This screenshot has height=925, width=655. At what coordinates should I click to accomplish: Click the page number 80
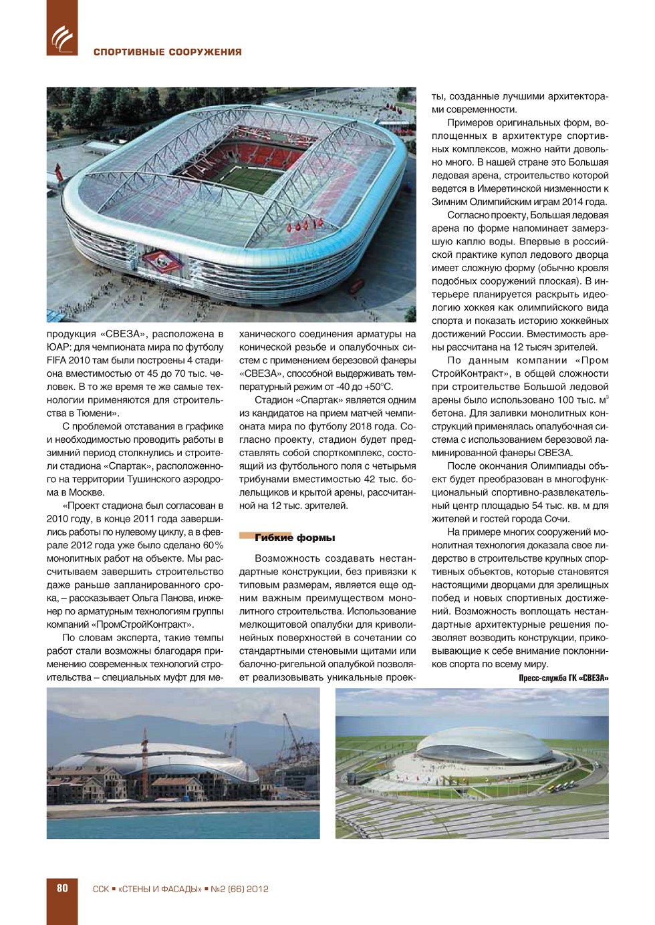tap(62, 888)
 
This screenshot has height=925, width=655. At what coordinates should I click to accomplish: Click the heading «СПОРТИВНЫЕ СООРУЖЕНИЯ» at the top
tap(167, 52)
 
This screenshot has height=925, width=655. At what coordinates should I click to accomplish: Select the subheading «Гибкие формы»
tap(295, 538)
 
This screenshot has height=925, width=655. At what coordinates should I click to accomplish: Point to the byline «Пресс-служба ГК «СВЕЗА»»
tap(563, 678)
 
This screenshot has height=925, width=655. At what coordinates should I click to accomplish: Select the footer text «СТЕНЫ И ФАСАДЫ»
tap(160, 889)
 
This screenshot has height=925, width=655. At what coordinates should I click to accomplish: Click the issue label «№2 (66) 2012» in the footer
tap(239, 889)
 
